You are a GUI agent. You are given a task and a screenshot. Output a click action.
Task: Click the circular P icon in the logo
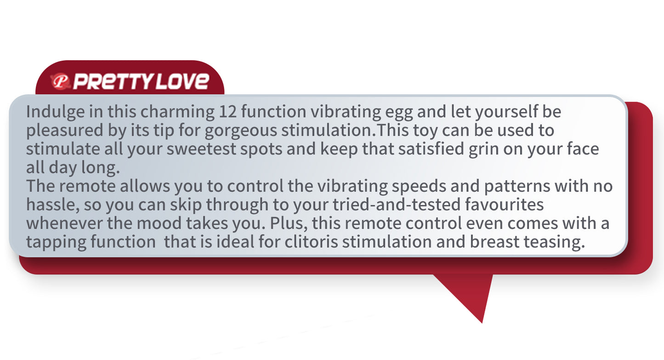tap(61, 81)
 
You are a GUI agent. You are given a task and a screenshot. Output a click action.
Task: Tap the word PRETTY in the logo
tap(114, 81)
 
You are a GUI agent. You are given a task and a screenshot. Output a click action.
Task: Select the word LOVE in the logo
tap(182, 81)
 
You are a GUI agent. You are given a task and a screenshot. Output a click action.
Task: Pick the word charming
tap(177, 112)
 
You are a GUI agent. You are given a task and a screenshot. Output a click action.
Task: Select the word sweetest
tap(201, 149)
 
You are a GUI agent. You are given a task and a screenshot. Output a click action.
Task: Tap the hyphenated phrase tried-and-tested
tap(397, 205)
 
